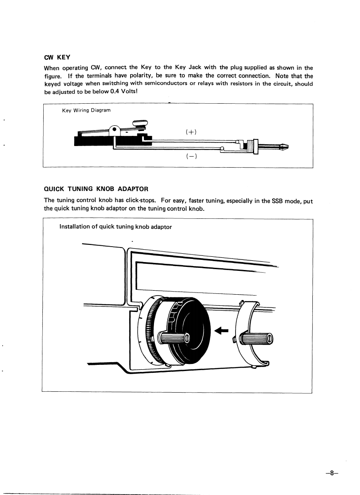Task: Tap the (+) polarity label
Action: point(191,131)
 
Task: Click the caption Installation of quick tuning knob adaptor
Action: point(115,227)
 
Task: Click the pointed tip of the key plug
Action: point(286,147)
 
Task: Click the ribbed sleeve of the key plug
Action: point(251,146)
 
